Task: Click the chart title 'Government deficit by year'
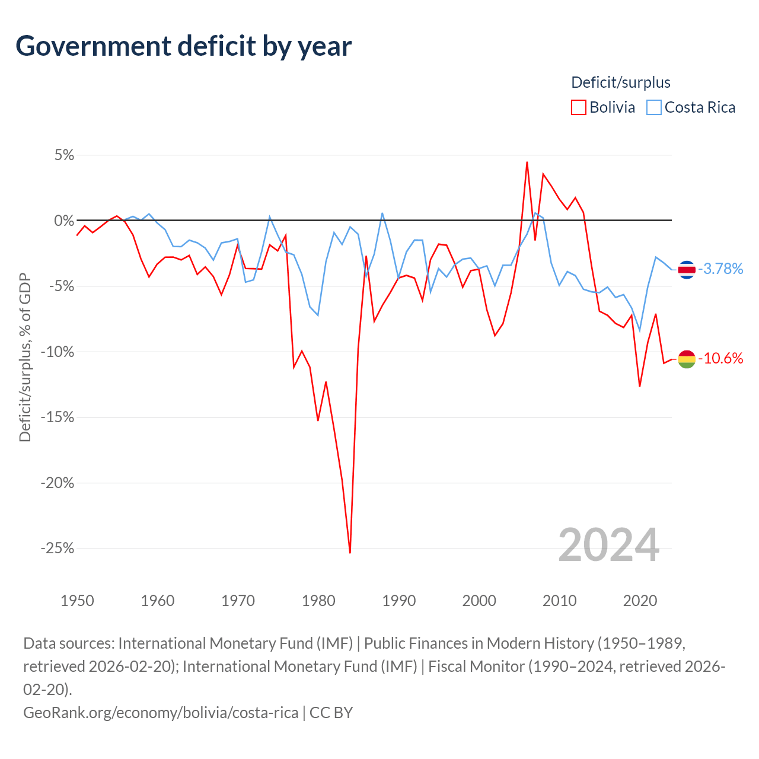point(183,46)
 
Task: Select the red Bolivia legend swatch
point(578,107)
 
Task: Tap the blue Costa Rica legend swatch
point(654,107)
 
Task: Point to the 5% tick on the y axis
point(64,155)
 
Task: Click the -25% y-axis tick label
point(58,548)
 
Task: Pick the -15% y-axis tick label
point(58,417)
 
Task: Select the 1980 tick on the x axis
point(318,601)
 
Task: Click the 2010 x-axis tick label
point(559,601)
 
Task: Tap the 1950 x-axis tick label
point(77,601)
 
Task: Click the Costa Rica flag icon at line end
point(687,269)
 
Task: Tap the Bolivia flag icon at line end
point(687,359)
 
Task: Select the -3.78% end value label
point(720,269)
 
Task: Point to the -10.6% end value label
point(720,358)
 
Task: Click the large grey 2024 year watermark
point(608,546)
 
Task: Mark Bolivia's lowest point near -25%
point(350,553)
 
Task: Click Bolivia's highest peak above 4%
point(527,162)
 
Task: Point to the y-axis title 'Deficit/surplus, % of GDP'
point(25,357)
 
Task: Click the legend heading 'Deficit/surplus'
point(621,82)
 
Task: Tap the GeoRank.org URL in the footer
point(161,713)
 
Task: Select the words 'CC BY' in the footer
point(331,713)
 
